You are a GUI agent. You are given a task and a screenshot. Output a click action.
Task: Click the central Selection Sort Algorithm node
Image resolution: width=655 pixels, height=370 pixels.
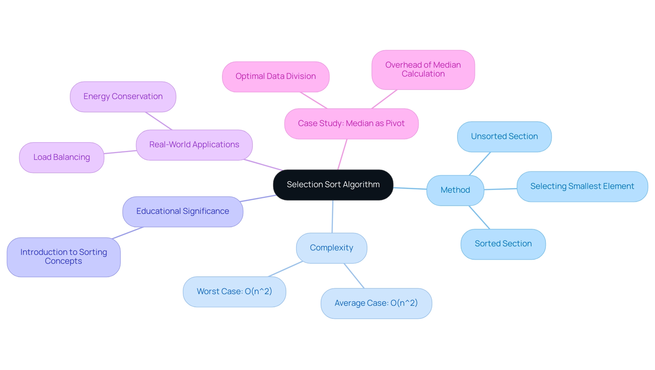(x=333, y=185)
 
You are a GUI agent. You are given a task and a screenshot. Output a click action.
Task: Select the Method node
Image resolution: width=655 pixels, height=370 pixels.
(x=455, y=190)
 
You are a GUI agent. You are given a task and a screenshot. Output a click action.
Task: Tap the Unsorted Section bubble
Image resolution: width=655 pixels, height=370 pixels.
(x=504, y=137)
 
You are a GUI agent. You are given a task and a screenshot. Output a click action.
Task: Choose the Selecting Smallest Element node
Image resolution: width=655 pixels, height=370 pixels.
(x=582, y=187)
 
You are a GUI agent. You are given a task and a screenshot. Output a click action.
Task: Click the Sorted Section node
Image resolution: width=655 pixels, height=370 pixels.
(x=503, y=244)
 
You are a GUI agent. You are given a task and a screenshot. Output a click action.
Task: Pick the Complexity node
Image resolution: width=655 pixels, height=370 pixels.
(x=331, y=248)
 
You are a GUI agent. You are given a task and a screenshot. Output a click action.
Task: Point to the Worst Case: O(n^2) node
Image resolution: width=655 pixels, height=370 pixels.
(x=234, y=291)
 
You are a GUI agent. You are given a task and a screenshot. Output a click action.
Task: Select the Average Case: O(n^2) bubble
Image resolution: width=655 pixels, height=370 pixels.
(x=376, y=303)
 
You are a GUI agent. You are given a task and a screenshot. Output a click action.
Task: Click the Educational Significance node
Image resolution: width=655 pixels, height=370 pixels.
(x=183, y=211)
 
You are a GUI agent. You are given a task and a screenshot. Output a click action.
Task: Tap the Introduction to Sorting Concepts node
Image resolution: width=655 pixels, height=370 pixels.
(x=63, y=257)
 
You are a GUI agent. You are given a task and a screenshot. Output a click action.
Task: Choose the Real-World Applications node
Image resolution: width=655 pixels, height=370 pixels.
(x=194, y=145)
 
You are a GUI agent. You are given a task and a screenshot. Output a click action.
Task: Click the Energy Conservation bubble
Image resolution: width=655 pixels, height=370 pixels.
(x=123, y=97)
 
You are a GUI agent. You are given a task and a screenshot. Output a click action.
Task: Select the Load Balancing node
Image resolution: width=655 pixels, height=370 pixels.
(x=61, y=157)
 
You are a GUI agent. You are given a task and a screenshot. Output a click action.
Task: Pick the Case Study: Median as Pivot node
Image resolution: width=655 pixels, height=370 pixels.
(x=351, y=124)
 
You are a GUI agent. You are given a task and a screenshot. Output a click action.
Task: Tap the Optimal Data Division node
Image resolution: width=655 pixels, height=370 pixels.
(x=276, y=77)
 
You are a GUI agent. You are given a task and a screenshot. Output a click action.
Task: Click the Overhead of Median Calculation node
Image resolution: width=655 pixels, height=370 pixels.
(x=423, y=70)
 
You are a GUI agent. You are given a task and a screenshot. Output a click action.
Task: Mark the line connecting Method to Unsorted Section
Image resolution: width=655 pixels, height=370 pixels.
(x=480, y=164)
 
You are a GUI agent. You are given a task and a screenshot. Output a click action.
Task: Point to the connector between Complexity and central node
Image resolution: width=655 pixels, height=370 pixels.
(x=333, y=217)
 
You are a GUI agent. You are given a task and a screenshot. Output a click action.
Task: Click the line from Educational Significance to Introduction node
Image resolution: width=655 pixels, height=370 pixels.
(x=128, y=233)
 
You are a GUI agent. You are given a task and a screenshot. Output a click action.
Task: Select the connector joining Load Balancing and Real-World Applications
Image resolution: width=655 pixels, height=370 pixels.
(x=120, y=152)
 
